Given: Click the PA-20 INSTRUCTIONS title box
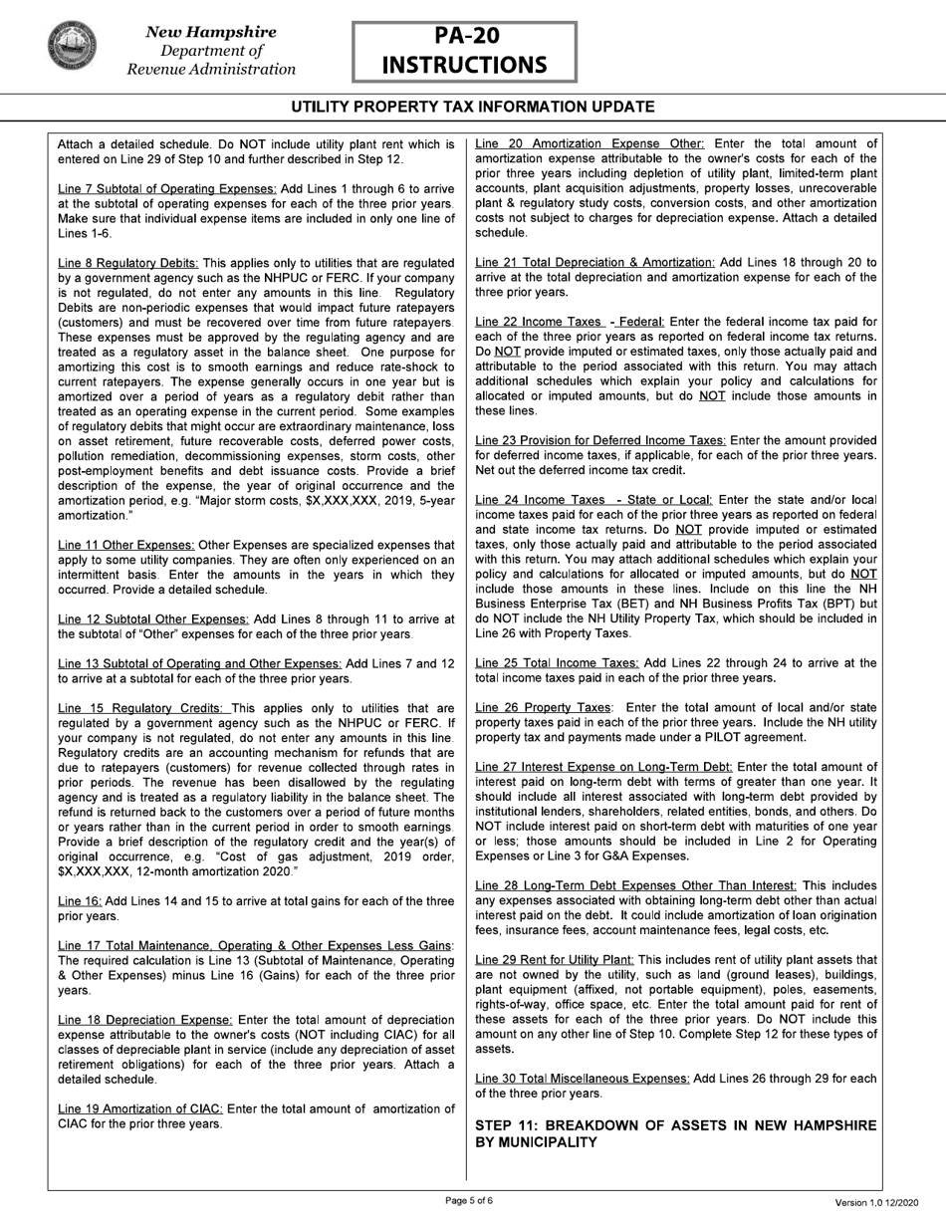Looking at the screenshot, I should (x=464, y=52).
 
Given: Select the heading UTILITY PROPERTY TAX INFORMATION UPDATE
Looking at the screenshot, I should (x=473, y=107).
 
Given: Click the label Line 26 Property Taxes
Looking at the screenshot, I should (x=544, y=707).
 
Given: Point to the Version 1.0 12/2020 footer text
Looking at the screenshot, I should (x=880, y=1202).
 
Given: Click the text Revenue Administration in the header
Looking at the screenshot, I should (x=211, y=69).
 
